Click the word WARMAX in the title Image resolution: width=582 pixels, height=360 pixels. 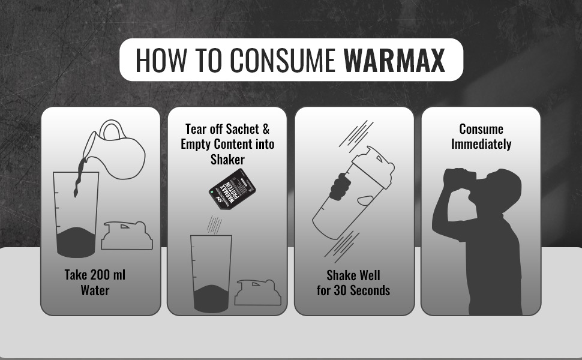394,60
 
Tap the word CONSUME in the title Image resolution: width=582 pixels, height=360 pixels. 283,60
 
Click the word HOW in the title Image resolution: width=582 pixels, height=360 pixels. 161,60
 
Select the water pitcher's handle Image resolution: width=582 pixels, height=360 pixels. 112,129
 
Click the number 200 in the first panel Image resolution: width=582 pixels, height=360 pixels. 100,275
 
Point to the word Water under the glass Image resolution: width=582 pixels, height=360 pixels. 95,290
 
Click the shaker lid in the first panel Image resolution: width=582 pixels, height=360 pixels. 127,235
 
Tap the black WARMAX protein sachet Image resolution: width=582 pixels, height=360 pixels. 232,189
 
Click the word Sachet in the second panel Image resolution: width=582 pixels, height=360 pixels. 242,129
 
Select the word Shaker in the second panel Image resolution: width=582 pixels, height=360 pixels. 227,160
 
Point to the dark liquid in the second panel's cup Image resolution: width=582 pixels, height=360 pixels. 211,299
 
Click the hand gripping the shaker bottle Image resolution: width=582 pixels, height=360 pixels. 340,187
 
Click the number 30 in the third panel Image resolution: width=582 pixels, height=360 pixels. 340,290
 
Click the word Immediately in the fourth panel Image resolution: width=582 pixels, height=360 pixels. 481,144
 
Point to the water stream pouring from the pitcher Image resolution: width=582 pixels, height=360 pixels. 79,176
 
